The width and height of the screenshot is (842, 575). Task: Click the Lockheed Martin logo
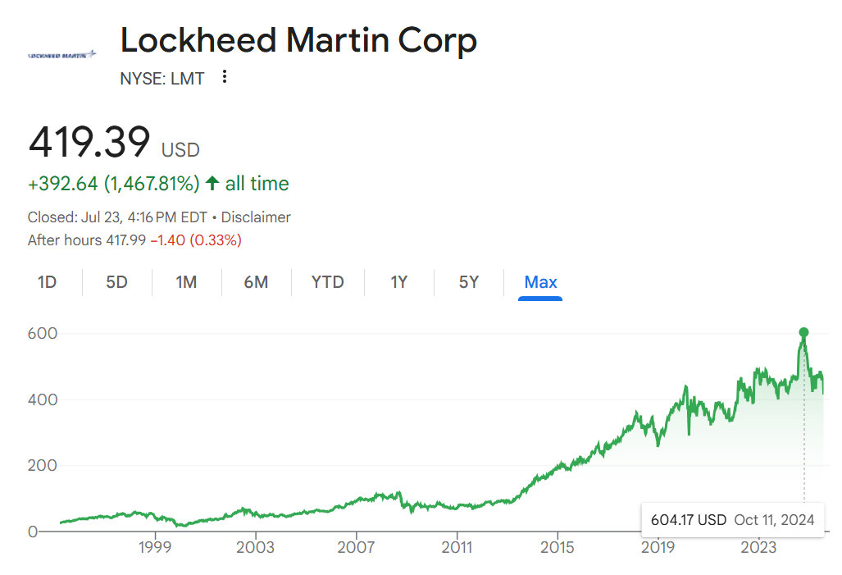(x=61, y=55)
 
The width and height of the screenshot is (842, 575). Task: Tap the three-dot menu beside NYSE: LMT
(x=225, y=78)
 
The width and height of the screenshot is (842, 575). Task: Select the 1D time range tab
(x=48, y=282)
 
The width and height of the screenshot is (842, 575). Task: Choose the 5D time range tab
(x=116, y=282)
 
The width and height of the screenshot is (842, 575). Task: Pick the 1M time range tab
(x=186, y=282)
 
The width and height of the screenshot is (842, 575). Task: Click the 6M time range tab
(x=256, y=282)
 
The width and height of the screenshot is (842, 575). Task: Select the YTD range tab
(x=327, y=282)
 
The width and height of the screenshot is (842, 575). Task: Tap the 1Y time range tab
(x=398, y=282)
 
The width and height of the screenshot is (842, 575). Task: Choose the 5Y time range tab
(x=468, y=282)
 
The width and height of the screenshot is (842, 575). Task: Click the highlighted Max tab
(x=540, y=282)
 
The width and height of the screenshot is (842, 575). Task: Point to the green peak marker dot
(x=803, y=332)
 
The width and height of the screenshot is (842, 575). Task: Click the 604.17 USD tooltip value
(x=689, y=519)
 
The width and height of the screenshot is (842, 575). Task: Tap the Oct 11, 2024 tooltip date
(x=774, y=519)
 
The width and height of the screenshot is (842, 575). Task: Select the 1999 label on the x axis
(x=155, y=547)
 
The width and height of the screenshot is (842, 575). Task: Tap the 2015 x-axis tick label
(x=558, y=547)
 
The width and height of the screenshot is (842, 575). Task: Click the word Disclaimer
(x=256, y=217)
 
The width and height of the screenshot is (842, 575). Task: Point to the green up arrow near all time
(x=212, y=184)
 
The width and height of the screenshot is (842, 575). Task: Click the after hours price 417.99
(x=125, y=240)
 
